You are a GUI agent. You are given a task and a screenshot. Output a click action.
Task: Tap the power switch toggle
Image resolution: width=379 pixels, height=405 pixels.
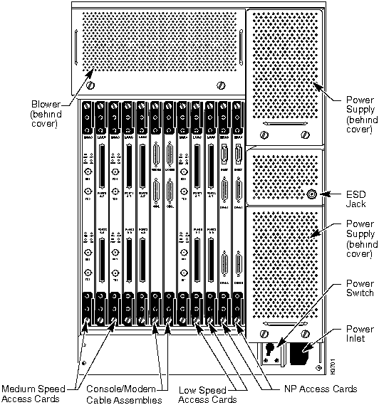pyautogui.click(x=272, y=350)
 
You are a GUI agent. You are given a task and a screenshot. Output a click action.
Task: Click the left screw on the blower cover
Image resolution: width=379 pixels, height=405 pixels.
pyautogui.click(x=90, y=85)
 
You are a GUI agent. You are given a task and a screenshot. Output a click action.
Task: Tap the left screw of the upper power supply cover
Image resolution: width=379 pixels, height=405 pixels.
pyautogui.click(x=266, y=135)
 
